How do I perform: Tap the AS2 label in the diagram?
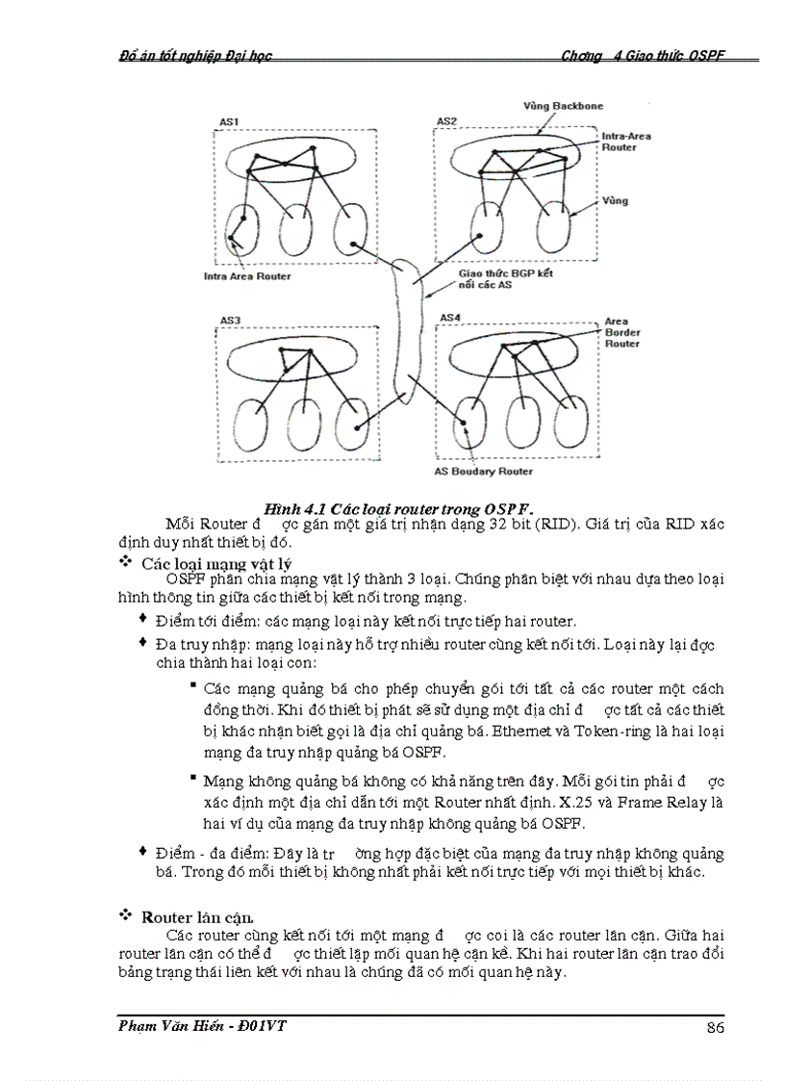pyautogui.click(x=446, y=121)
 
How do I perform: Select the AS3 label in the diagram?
pyautogui.click(x=230, y=320)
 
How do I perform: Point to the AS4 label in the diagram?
pyautogui.click(x=450, y=317)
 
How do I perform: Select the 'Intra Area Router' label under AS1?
pyautogui.click(x=247, y=276)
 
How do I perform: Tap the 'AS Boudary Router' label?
pyautogui.click(x=483, y=472)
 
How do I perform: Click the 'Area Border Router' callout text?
pyautogui.click(x=621, y=332)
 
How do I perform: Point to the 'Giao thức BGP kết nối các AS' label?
pyautogui.click(x=498, y=279)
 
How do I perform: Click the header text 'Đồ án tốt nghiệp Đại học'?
pyautogui.click(x=190, y=56)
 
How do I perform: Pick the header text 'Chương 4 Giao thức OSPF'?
pyautogui.click(x=642, y=56)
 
